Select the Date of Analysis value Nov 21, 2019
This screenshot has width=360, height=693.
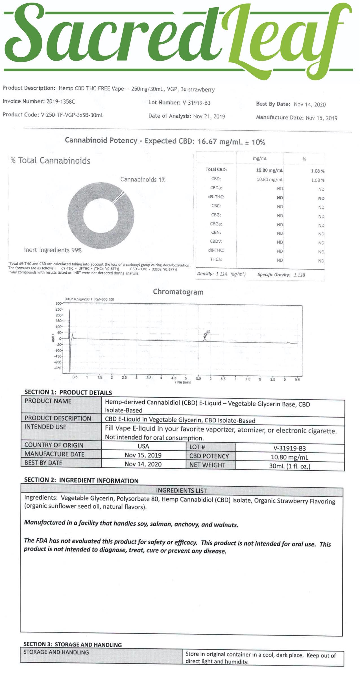(209, 116)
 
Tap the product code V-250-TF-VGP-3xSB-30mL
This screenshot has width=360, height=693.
(72, 115)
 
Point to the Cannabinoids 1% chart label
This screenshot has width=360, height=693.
(143, 179)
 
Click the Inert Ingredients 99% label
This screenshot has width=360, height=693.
(53, 250)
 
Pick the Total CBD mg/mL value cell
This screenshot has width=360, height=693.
(268, 170)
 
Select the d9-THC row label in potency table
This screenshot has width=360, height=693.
(216, 197)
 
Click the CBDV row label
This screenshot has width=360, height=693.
(216, 241)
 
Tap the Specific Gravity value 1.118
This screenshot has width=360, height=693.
(299, 275)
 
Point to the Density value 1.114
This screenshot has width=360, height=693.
(221, 274)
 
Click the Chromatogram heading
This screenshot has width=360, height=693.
(178, 292)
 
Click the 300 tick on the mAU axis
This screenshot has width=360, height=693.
(58, 303)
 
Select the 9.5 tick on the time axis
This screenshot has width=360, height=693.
(297, 380)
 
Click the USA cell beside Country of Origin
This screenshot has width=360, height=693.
(143, 446)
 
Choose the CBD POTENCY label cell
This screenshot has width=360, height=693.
(209, 456)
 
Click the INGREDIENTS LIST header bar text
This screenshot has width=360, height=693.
(181, 490)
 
